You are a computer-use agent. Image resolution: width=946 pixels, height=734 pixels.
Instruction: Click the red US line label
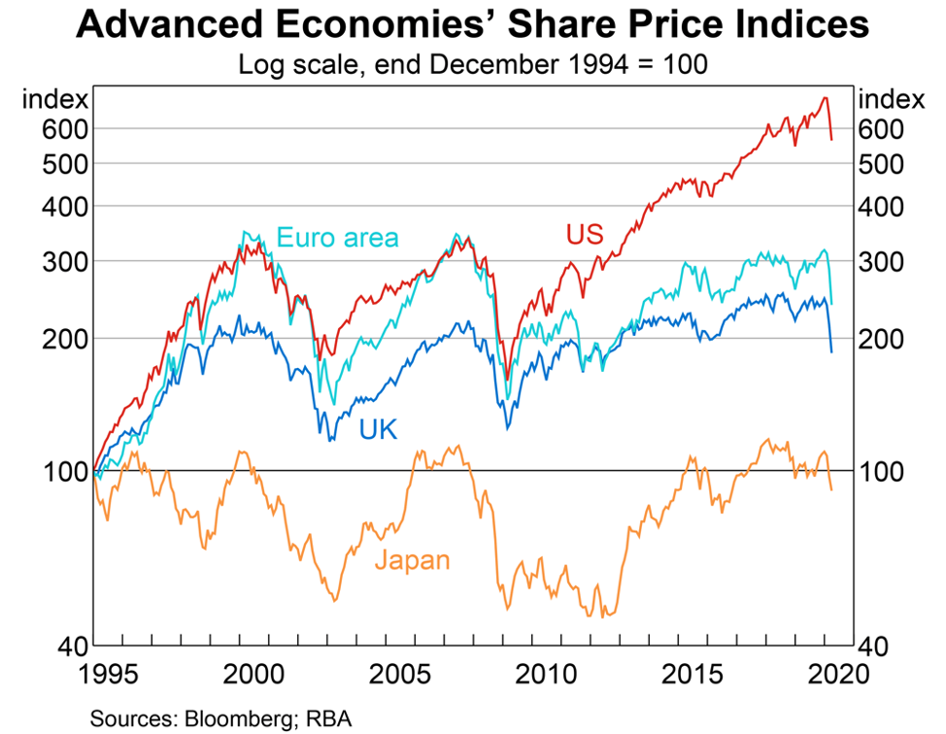pyautogui.click(x=585, y=234)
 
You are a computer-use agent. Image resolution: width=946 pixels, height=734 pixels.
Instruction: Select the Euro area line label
pyautogui.click(x=337, y=237)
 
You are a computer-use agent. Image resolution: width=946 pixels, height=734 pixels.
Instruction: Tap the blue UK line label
pyautogui.click(x=379, y=429)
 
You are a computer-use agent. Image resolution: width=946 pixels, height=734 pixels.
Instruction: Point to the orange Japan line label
pyautogui.click(x=412, y=560)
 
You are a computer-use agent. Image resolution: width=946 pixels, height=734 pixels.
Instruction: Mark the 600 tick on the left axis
pyautogui.click(x=66, y=128)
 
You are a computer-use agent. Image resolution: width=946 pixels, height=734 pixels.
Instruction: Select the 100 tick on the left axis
pyautogui.click(x=66, y=471)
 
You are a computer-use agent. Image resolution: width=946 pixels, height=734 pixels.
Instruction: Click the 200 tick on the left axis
pyautogui.click(x=66, y=339)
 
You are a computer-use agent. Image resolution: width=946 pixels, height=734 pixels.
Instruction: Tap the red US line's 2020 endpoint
pyautogui.click(x=831, y=140)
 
